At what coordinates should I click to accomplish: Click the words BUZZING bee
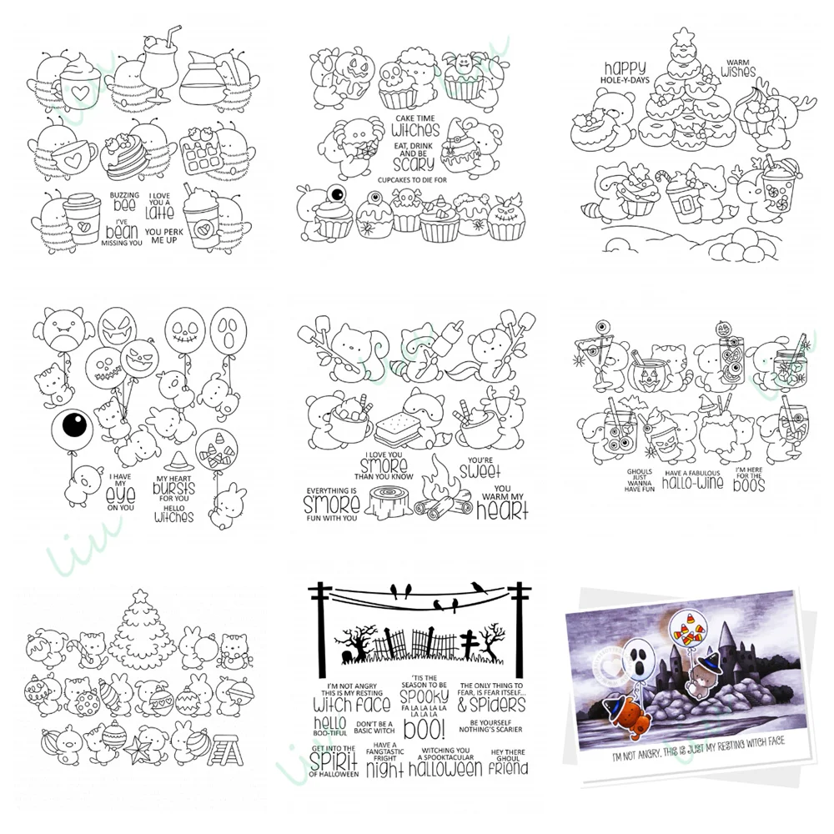pos(125,200)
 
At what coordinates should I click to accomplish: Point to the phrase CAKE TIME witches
pos(414,127)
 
